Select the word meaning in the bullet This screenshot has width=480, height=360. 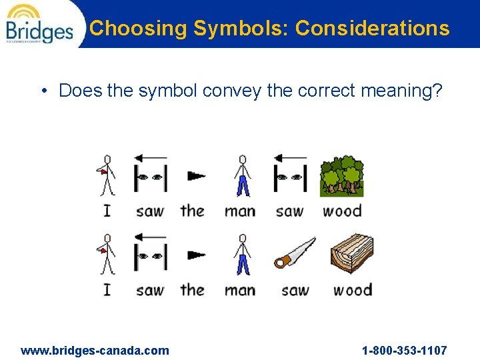[x=401, y=90]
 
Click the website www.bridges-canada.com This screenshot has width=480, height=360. [x=95, y=350]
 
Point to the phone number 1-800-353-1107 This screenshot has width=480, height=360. [x=405, y=350]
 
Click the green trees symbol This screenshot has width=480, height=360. [x=341, y=176]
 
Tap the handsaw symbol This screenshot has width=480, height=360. [x=294, y=254]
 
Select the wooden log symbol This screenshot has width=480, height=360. [x=351, y=254]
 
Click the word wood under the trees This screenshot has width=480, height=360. [x=342, y=211]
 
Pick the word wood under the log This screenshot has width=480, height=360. [x=352, y=290]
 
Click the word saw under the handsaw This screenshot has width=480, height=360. [x=295, y=290]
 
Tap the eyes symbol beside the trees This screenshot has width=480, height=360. [x=290, y=175]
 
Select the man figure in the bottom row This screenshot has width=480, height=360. [x=243, y=254]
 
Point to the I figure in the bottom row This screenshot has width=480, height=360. [x=105, y=254]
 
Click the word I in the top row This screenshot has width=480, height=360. [x=107, y=211]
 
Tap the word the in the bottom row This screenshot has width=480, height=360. [x=192, y=289]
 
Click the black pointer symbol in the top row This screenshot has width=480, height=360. [x=196, y=176]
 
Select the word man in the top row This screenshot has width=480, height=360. [x=240, y=211]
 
